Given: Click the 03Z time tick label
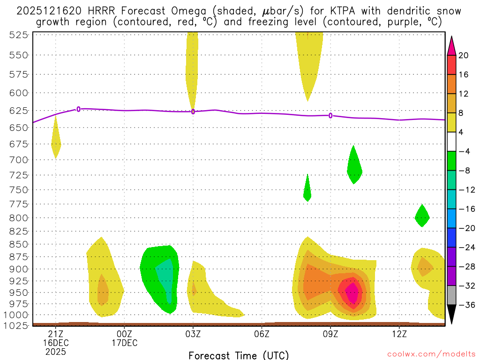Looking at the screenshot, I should coord(193,333).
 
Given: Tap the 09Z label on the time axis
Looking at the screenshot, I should coord(330,333).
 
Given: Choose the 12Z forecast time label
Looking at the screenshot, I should coord(399,333).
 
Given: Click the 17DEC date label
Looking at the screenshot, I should coord(124,343).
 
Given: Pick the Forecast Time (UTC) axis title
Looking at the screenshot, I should coord(239,355).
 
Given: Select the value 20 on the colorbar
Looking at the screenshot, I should coord(464,55).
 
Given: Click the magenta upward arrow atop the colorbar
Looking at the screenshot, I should coord(451,45).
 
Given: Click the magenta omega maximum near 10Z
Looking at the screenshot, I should coord(352,293).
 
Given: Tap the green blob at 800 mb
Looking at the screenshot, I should coord(422,216).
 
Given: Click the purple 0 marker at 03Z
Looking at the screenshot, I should coord(193,112).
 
